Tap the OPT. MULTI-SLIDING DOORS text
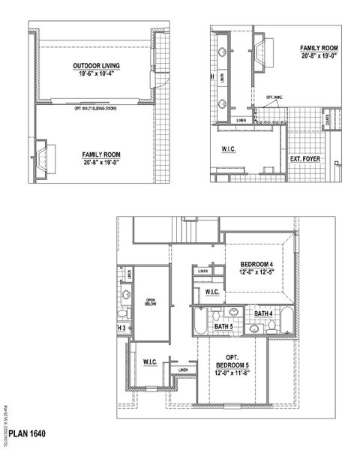coord(101,108)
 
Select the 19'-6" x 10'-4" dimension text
coord(101,73)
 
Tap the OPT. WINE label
coord(274,97)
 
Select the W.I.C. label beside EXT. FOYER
coord(229,149)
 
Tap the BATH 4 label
coord(262,313)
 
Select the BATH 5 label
coord(223,327)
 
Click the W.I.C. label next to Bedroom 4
coord(212,291)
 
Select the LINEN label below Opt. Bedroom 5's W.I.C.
coord(184,370)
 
